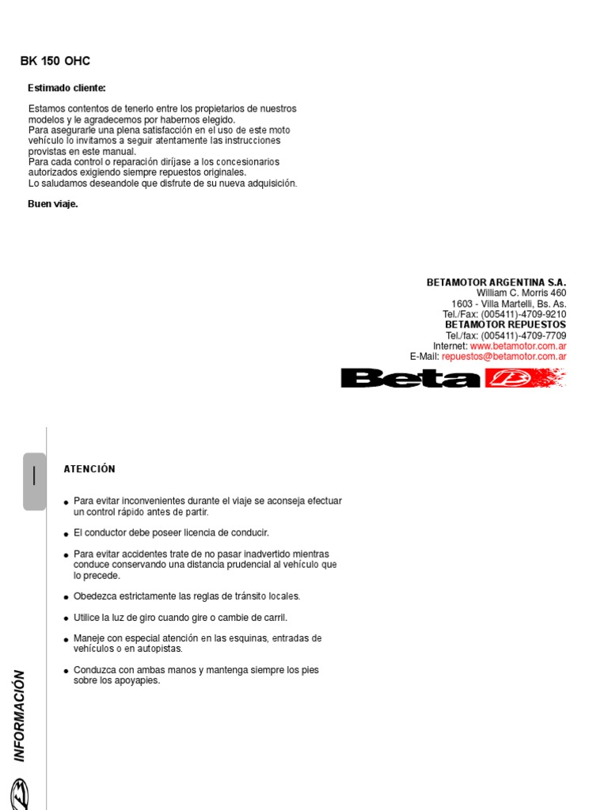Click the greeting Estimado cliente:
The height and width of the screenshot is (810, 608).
coord(66,88)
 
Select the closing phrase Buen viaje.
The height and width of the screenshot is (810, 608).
coord(53,204)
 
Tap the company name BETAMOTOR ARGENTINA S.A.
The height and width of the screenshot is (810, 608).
coord(496,282)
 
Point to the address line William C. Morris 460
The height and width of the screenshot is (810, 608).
coord(521,293)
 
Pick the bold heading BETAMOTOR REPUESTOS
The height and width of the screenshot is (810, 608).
coord(505,324)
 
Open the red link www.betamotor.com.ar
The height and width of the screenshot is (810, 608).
coord(518,346)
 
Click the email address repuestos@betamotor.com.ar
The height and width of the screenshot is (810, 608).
coord(503,356)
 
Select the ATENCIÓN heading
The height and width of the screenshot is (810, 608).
coord(89,469)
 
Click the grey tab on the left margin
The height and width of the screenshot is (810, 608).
coord(34,481)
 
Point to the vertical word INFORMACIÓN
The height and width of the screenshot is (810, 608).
coord(20,716)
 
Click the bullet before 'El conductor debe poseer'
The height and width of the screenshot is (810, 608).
coord(66,534)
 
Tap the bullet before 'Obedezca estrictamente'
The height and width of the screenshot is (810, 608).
coord(66,597)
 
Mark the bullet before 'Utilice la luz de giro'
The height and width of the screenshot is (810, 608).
coord(66,618)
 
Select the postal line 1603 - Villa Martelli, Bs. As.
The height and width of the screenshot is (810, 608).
coord(508,304)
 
